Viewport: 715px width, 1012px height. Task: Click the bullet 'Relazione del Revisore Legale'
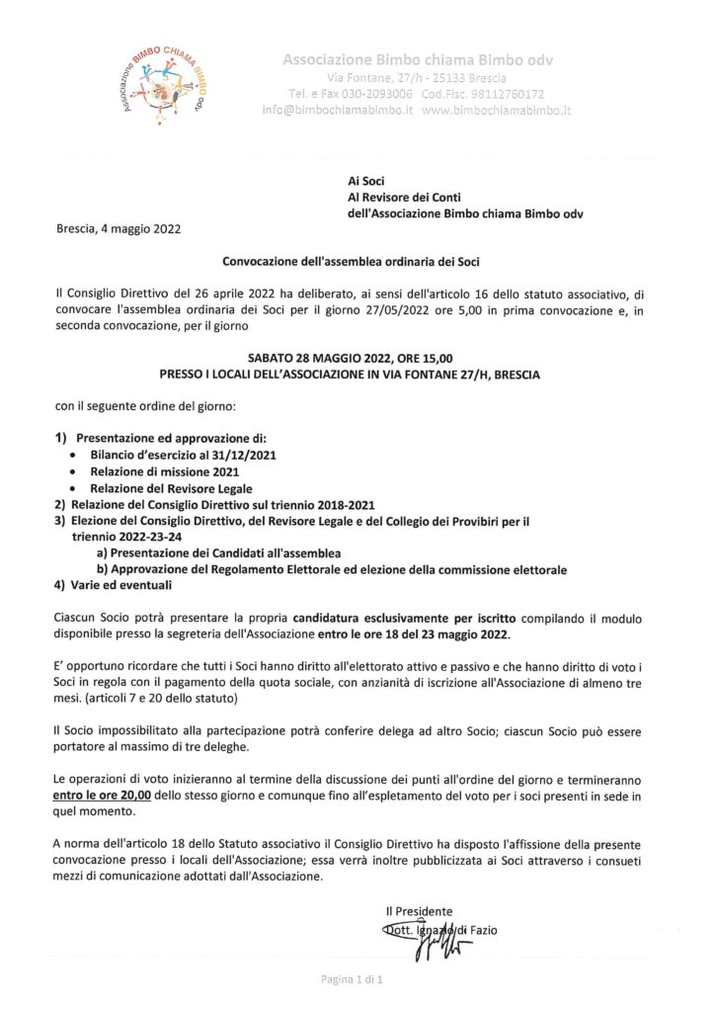pos(171,488)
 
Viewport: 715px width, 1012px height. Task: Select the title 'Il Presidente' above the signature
pos(419,910)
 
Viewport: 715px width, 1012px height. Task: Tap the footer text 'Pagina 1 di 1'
pos(357,979)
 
